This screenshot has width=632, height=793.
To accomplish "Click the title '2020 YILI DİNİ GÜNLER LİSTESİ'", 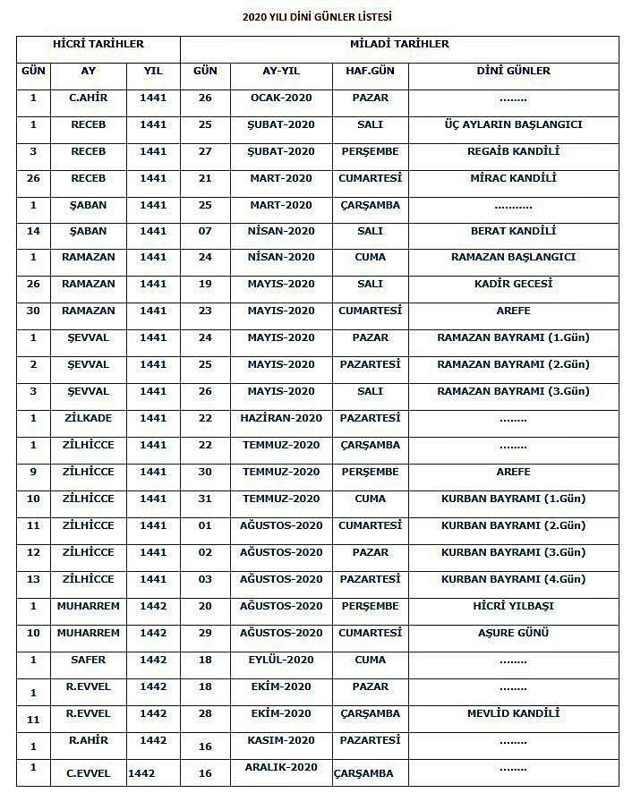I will click(317, 16).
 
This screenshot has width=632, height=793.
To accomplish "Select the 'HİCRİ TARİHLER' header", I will click(98, 44).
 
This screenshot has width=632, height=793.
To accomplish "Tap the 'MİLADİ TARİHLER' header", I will click(399, 44).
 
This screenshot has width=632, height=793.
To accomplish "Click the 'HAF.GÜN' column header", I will click(370, 71).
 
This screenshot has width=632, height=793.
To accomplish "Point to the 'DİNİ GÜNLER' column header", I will click(513, 71).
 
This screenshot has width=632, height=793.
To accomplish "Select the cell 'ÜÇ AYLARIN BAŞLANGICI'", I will click(513, 124).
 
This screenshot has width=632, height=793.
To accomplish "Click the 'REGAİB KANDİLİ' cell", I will click(513, 151).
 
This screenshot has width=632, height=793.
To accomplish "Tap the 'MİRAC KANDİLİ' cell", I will click(513, 178).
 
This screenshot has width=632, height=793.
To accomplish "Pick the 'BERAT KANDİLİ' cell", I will click(513, 231).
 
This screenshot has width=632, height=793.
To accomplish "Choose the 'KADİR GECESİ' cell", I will click(513, 284).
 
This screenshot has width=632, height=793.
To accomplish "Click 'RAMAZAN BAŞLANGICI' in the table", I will click(513, 257).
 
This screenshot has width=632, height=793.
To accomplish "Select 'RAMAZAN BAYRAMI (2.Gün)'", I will click(513, 364).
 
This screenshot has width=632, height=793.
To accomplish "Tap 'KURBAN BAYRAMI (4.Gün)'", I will click(513, 579).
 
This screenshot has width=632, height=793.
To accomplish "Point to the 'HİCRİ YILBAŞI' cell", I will click(513, 606).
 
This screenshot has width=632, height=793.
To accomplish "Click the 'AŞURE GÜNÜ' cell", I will click(513, 633).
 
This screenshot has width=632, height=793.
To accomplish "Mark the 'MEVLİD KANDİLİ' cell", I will click(513, 713).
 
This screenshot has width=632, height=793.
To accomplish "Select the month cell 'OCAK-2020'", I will click(282, 98).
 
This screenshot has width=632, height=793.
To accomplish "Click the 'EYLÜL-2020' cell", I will click(282, 660).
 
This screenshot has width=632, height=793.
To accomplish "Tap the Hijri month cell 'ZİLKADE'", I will click(88, 418).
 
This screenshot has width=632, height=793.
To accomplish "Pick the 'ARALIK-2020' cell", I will click(282, 767).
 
